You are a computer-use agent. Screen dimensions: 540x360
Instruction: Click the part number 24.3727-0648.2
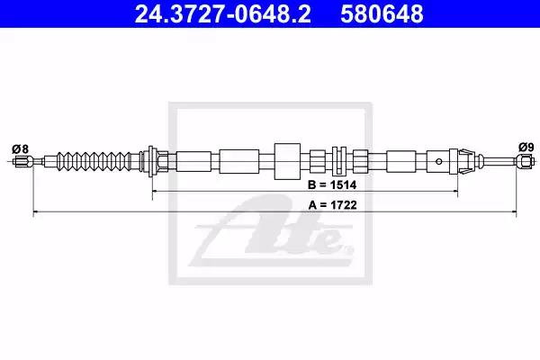click(x=222, y=14)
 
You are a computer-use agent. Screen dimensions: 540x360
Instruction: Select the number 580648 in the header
click(x=382, y=14)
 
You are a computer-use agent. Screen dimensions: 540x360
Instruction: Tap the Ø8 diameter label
click(x=21, y=148)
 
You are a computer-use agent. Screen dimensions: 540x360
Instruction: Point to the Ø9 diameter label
click(x=526, y=148)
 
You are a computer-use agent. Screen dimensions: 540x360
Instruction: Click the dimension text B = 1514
click(x=332, y=185)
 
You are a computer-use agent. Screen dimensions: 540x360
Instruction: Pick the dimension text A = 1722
click(x=332, y=205)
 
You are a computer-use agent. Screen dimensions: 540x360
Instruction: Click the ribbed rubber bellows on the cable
click(x=94, y=161)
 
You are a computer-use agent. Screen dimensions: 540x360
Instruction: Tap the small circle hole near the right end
click(x=439, y=161)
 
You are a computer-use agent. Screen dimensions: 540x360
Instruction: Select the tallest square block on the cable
click(x=287, y=161)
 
